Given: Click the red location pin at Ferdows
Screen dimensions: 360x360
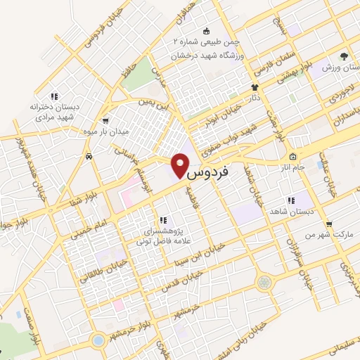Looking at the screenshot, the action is point(180,164).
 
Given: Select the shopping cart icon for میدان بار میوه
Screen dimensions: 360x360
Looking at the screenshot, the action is point(105,120).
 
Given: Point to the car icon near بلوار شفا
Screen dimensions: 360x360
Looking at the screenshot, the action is point(89,156).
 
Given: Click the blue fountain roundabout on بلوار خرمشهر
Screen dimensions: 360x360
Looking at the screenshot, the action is point(98,340).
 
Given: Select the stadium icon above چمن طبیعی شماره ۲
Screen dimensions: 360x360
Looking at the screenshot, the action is point(206,31).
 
